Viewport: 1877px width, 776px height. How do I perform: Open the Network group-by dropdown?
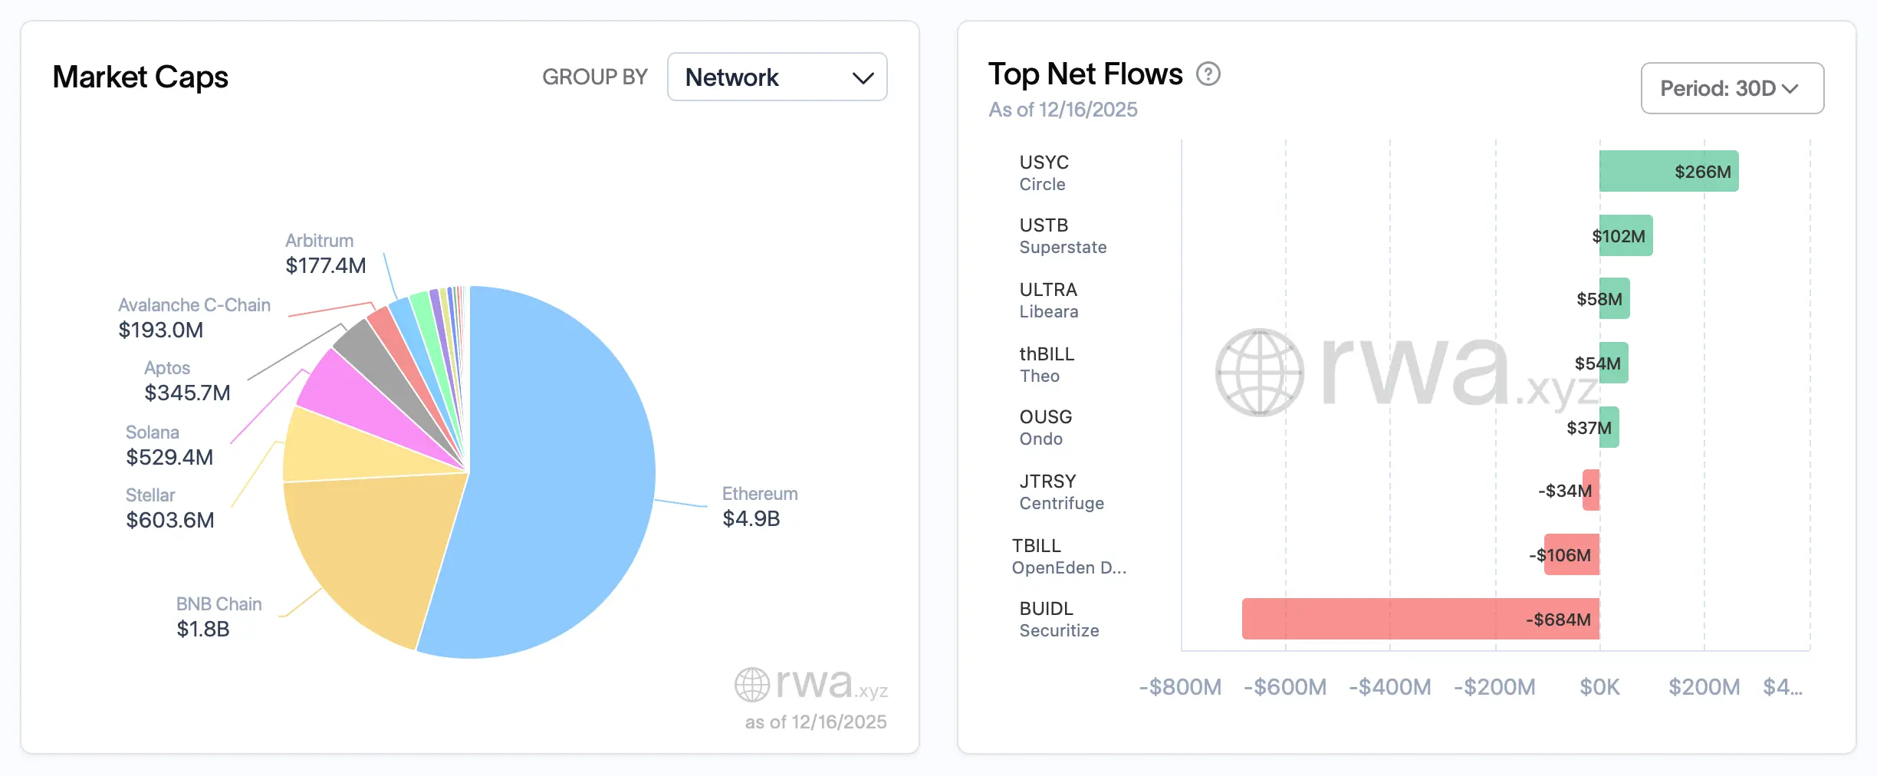click(777, 77)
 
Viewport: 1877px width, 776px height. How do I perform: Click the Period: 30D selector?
click(1731, 88)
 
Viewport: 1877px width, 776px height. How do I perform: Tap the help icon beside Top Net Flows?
click(1208, 74)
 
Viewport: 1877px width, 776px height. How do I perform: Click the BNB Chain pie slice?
click(376, 552)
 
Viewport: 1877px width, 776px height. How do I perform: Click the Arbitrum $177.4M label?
click(325, 254)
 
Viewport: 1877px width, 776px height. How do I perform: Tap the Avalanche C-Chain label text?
click(194, 305)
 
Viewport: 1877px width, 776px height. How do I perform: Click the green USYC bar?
click(1668, 171)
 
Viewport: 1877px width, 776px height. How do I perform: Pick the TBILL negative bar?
click(1571, 554)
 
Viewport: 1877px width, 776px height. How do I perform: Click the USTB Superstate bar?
click(1626, 235)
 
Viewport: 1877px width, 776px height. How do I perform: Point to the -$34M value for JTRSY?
click(1564, 491)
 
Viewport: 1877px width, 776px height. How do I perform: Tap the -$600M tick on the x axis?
click(1284, 687)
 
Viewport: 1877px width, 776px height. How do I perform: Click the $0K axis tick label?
click(1599, 687)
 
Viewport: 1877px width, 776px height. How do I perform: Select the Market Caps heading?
click(140, 77)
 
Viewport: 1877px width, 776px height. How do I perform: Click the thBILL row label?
click(1047, 364)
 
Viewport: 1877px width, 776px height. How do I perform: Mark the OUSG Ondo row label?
click(1045, 427)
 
